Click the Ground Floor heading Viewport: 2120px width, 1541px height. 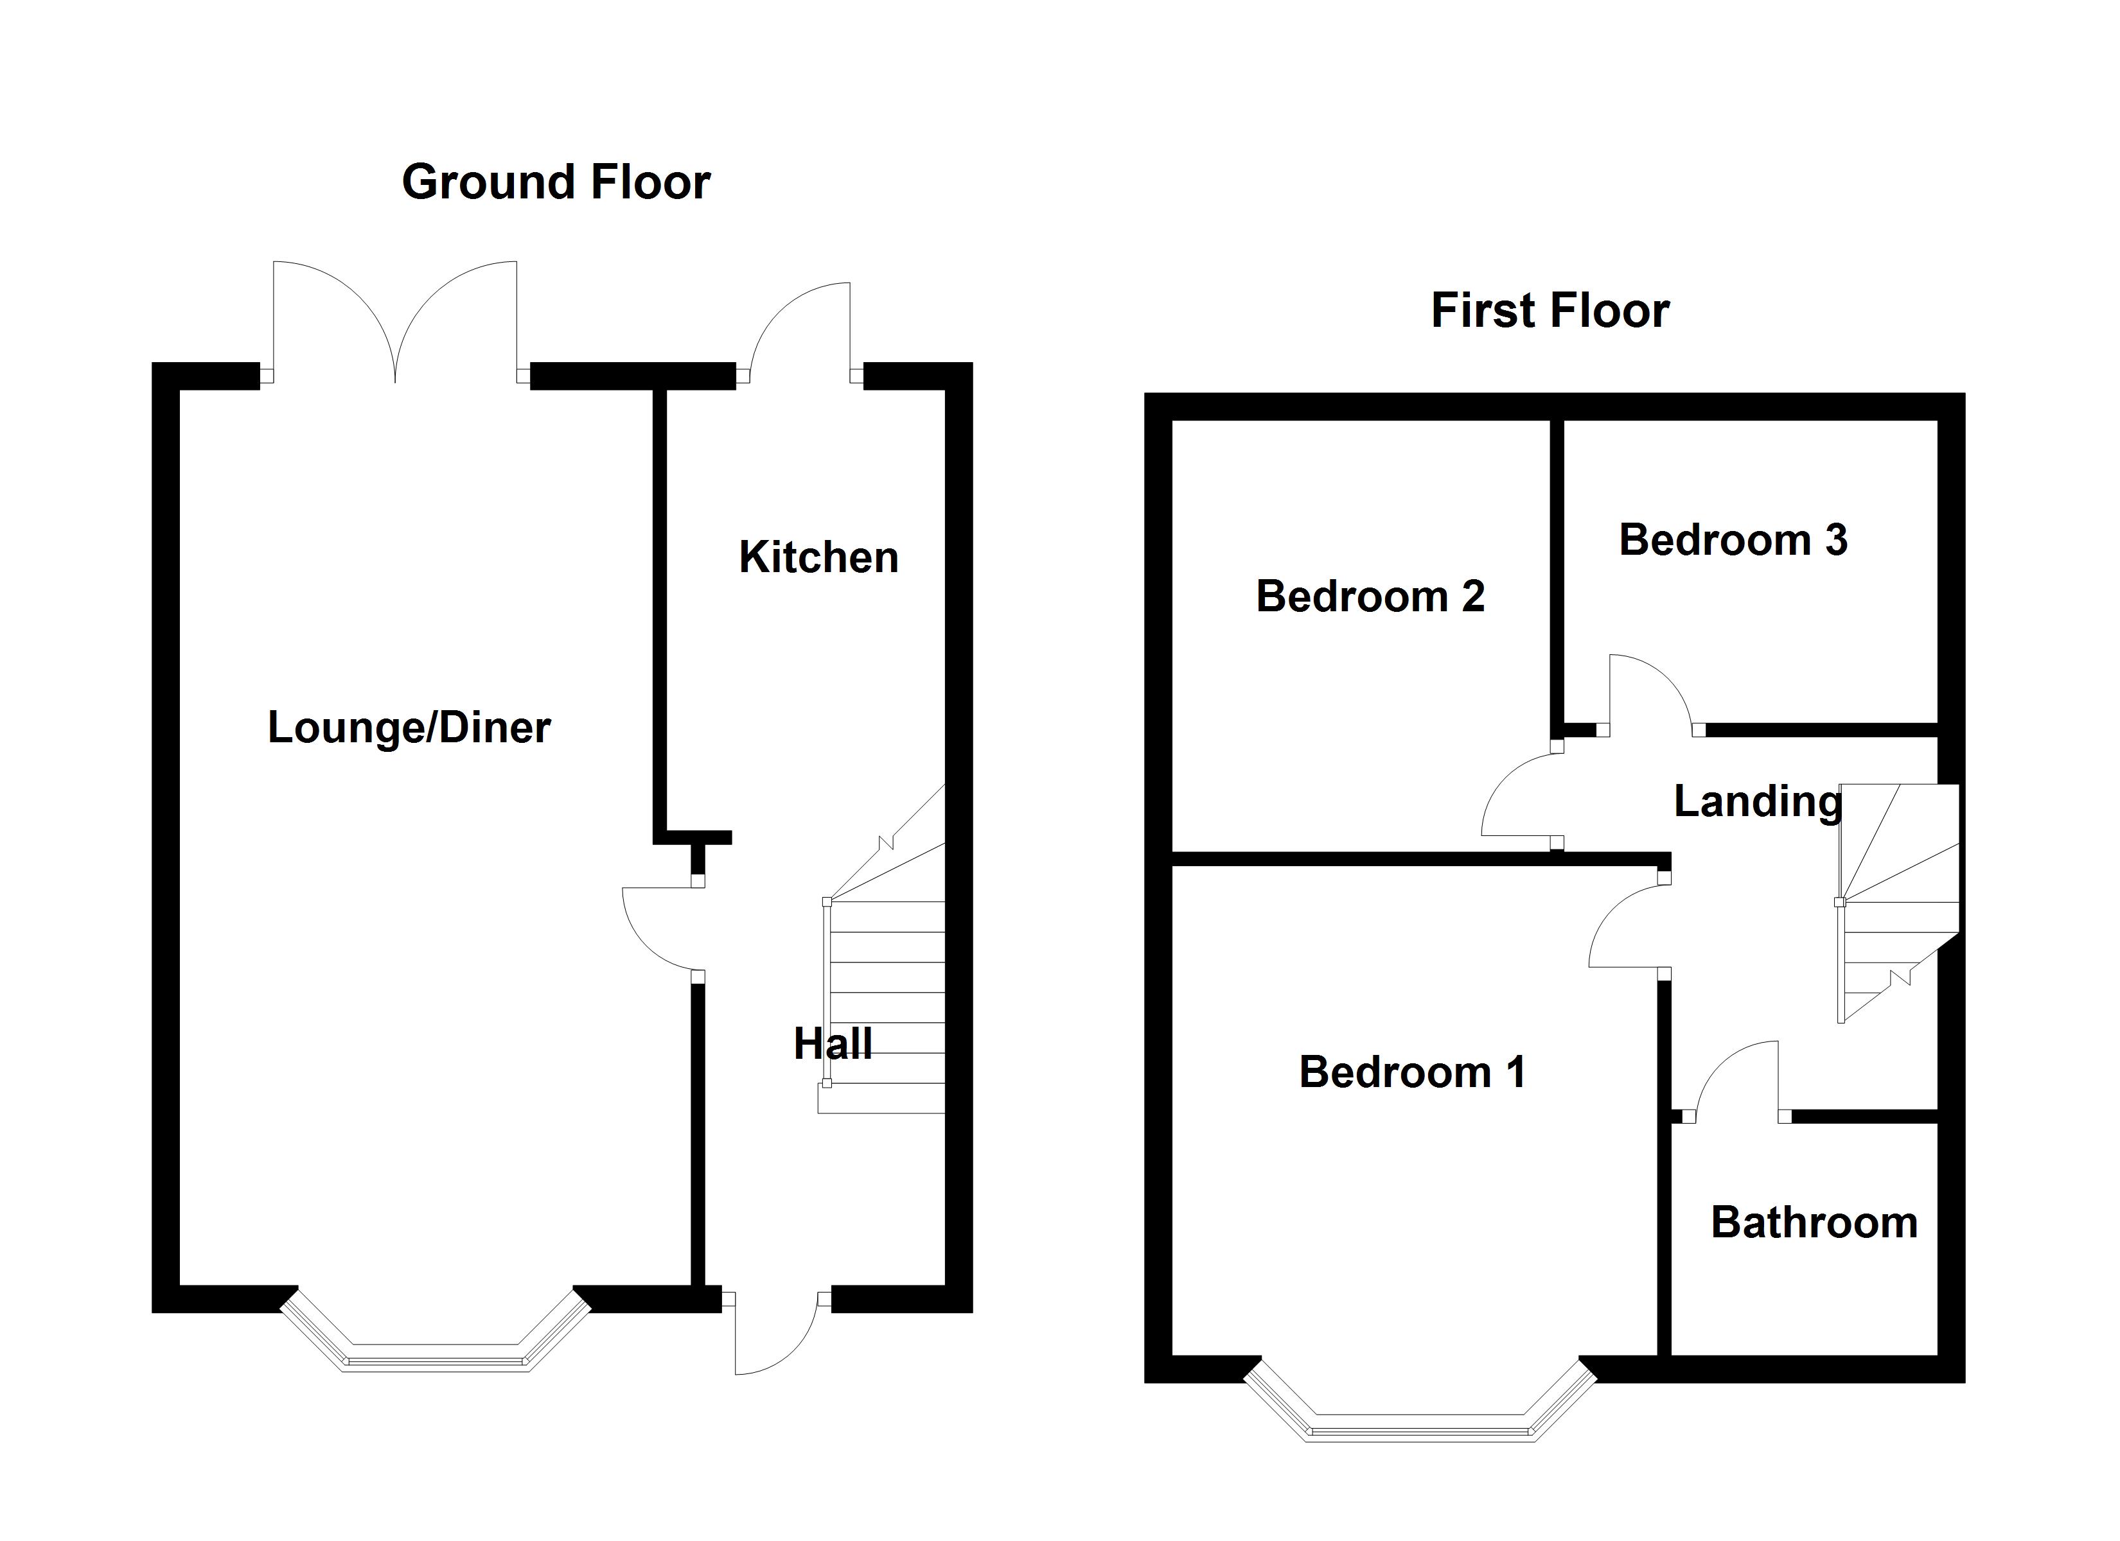click(556, 182)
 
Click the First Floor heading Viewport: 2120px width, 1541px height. click(1550, 311)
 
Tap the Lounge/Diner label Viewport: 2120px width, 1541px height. click(409, 728)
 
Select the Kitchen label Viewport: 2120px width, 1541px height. click(819, 558)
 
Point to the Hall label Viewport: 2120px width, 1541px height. click(833, 1044)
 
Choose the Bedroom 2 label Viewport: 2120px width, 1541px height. click(1370, 596)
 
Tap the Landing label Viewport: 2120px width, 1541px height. click(1757, 802)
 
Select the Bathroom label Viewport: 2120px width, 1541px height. click(1814, 1223)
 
